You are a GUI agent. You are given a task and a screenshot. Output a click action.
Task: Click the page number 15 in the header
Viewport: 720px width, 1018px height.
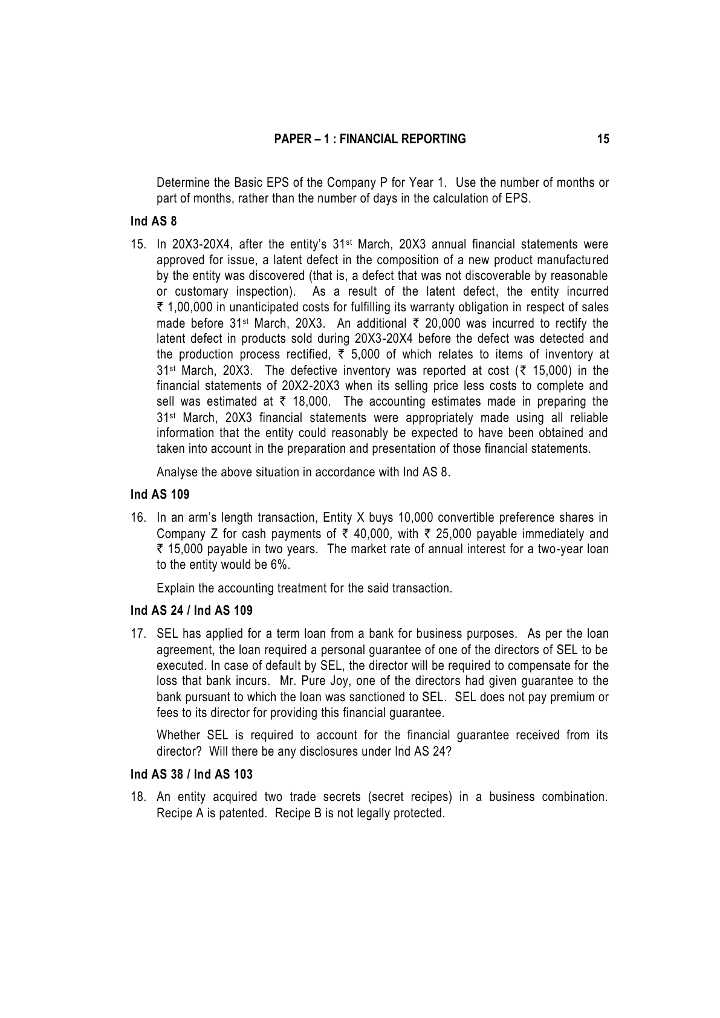tap(603, 139)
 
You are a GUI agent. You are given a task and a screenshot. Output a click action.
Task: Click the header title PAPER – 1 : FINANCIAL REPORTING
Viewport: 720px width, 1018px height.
tap(370, 139)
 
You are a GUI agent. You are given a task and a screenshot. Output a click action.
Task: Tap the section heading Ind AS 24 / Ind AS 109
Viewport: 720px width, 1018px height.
tap(192, 611)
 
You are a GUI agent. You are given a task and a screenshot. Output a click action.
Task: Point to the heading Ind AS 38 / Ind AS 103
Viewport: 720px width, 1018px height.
tap(192, 774)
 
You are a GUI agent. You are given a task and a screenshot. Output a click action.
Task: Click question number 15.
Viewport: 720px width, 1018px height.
tap(138, 245)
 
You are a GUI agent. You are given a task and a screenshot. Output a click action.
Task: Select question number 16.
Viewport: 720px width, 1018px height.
tap(138, 518)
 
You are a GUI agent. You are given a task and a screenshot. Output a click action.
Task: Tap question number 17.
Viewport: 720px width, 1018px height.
tap(138, 634)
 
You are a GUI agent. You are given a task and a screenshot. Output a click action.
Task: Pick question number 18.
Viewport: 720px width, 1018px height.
tap(138, 797)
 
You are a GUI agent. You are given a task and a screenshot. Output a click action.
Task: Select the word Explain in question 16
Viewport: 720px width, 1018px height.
tap(175, 588)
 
